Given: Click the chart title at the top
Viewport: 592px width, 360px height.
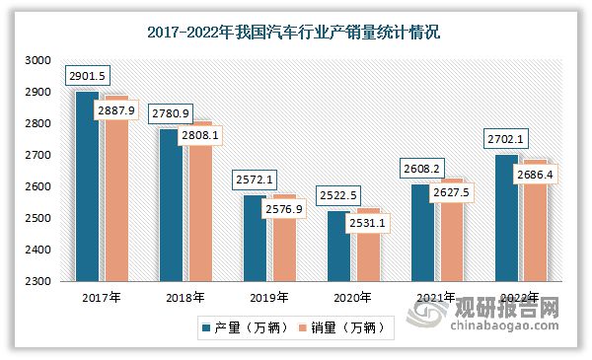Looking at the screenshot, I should pyautogui.click(x=293, y=33).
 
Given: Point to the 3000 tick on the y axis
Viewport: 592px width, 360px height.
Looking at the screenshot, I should pyautogui.click(x=37, y=60).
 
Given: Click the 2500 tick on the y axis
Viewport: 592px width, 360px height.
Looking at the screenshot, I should pyautogui.click(x=37, y=218).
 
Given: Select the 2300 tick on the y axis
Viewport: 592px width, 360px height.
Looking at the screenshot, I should pyautogui.click(x=37, y=281).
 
